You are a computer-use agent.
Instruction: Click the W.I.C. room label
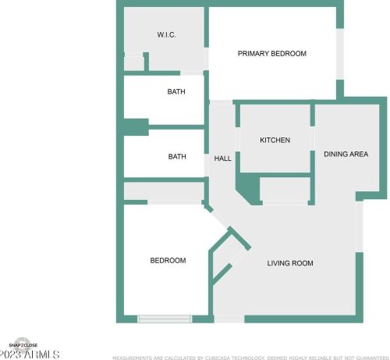(x=167, y=34)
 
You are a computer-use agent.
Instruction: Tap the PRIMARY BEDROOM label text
(x=271, y=54)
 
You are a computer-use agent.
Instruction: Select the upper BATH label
(x=176, y=92)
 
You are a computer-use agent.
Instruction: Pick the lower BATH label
(x=177, y=156)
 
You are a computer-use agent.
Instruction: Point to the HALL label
(x=222, y=159)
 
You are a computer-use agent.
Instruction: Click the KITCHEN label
(x=275, y=141)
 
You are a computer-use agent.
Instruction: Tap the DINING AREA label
(x=346, y=154)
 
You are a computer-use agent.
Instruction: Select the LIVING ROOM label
(x=290, y=263)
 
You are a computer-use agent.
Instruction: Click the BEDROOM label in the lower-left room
(x=168, y=260)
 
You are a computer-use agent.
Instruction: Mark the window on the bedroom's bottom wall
(x=165, y=319)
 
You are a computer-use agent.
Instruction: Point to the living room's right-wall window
(x=359, y=226)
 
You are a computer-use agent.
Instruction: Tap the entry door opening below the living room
(x=229, y=319)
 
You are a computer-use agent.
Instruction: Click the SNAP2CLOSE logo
(x=23, y=344)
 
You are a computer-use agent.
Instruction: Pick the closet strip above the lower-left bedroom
(x=163, y=191)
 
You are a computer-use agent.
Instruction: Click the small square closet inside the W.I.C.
(x=133, y=62)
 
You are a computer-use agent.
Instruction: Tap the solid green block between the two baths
(x=135, y=126)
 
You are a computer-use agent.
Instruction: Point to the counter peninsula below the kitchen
(x=284, y=190)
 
